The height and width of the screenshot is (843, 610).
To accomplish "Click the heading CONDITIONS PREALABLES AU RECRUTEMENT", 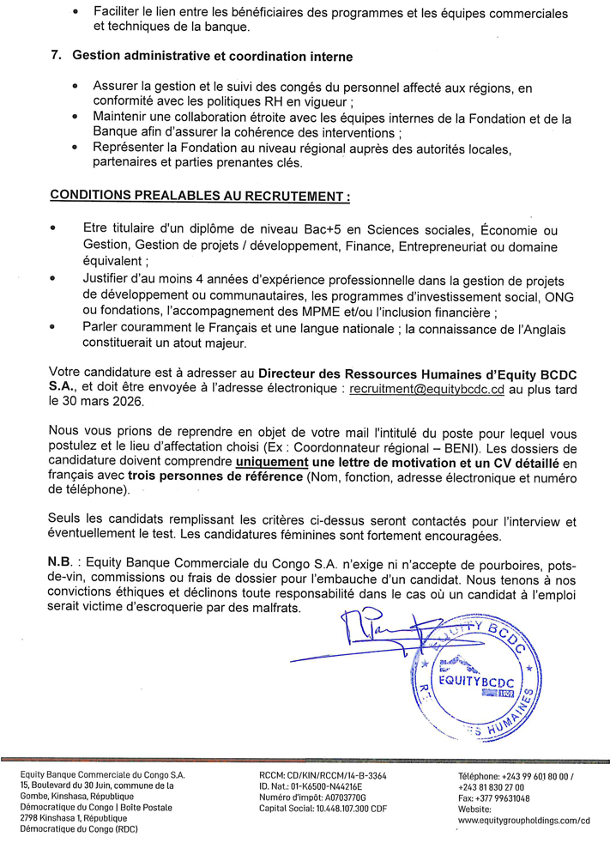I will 200,195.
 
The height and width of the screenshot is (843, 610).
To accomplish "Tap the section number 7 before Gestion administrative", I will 57,56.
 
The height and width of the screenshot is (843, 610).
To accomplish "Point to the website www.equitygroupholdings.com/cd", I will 524,820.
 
